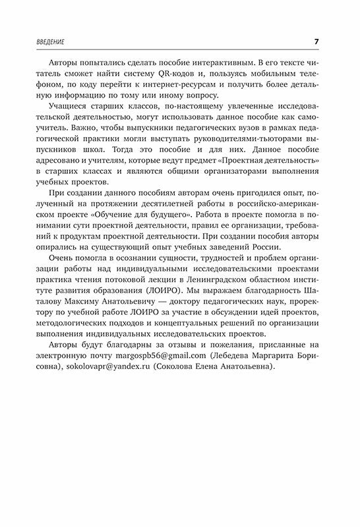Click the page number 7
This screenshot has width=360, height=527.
316,42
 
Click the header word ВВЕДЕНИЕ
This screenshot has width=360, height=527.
53,43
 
